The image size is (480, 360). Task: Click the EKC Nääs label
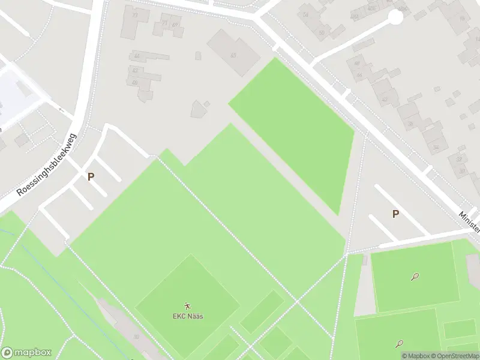coord(188,316)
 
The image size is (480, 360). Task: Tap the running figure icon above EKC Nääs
coord(188,306)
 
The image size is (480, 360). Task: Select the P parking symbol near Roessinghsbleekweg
coord(91,177)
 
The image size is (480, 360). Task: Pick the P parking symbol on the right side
coord(395,214)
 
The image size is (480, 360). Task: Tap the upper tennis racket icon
coord(415,277)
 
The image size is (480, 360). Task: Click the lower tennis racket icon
coord(399,344)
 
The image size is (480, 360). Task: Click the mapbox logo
coord(26,353)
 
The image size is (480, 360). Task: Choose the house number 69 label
coord(176,25)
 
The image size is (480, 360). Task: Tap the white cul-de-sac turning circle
coord(395,17)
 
